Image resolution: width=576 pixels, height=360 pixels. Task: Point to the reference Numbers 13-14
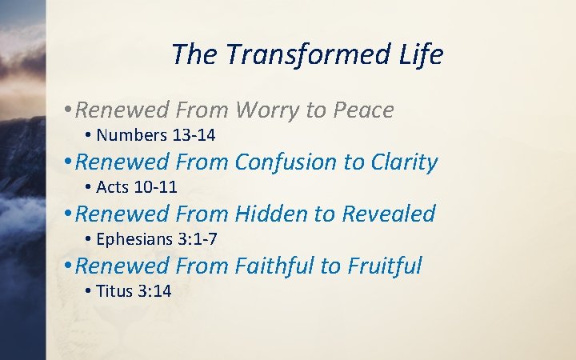pos(155,135)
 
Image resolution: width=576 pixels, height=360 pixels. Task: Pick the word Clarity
pos(404,162)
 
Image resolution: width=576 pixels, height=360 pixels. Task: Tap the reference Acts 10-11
pos(136,187)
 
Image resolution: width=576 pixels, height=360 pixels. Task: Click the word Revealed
pos(389,214)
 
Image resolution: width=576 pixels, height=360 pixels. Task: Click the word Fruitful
pos(384,266)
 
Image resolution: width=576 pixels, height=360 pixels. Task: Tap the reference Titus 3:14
pos(134,291)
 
